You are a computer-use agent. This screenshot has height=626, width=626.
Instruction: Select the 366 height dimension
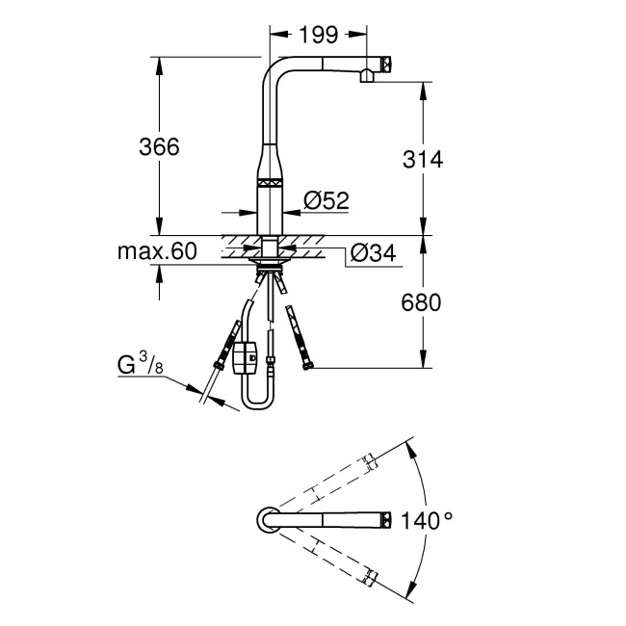(x=160, y=146)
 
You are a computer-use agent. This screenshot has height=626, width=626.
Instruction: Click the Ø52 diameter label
(x=325, y=200)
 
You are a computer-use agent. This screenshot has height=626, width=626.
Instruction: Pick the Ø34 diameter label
(x=372, y=252)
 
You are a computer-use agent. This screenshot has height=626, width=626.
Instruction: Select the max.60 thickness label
(x=157, y=251)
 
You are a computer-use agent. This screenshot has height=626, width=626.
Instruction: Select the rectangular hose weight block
(x=246, y=358)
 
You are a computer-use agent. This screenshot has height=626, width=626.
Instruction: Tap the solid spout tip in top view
(x=385, y=520)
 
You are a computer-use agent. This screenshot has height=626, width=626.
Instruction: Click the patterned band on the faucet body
(x=270, y=180)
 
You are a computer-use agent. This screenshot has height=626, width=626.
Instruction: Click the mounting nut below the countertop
(x=270, y=256)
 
